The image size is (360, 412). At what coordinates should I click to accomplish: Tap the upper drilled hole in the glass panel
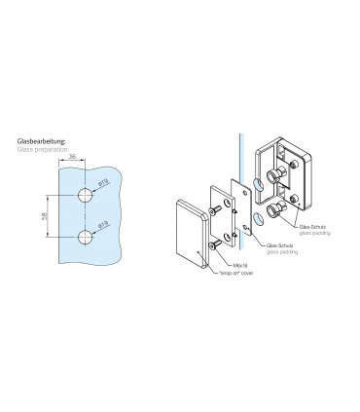(87, 195)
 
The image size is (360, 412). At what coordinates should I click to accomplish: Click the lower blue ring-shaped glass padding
(256, 216)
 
